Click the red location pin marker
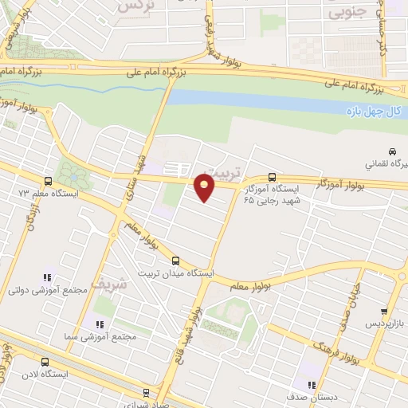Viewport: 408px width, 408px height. pyautogui.click(x=205, y=187)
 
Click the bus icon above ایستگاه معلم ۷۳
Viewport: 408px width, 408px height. pyautogui.click(x=49, y=181)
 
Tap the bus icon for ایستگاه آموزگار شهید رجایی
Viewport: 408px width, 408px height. pyautogui.click(x=273, y=177)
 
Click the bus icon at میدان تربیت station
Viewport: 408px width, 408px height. pyautogui.click(x=175, y=261)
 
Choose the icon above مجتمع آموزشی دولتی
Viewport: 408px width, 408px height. pyautogui.click(x=46, y=277)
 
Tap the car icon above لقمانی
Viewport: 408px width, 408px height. pyautogui.click(x=392, y=151)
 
